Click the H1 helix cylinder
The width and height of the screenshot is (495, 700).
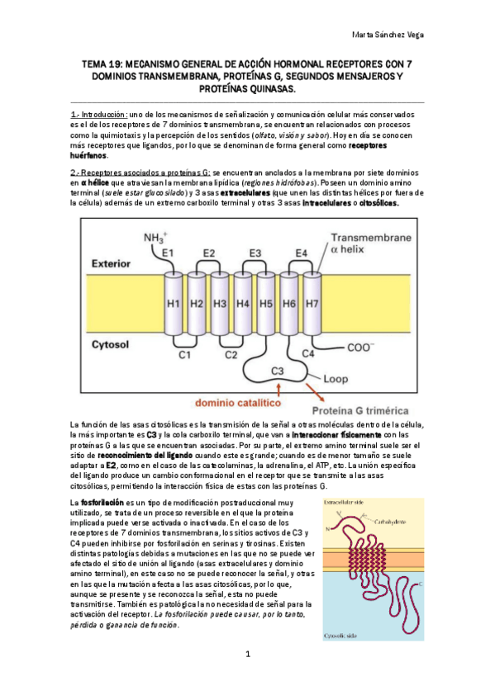pyautogui.click(x=174, y=303)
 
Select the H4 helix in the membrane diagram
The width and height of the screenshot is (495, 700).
pyautogui.click(x=243, y=303)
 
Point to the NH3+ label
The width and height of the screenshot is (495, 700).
pyautogui.click(x=157, y=238)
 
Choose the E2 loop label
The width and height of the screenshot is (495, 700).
pyautogui.click(x=208, y=253)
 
